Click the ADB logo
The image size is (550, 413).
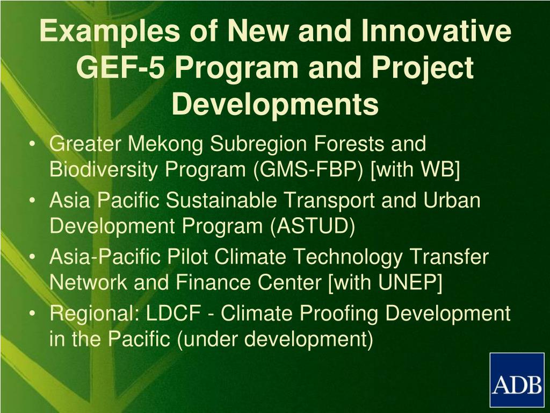tap(516, 380)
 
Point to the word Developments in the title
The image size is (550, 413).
tap(275, 104)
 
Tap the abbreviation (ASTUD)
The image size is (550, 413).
tap(313, 227)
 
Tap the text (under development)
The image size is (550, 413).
tap(274, 340)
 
